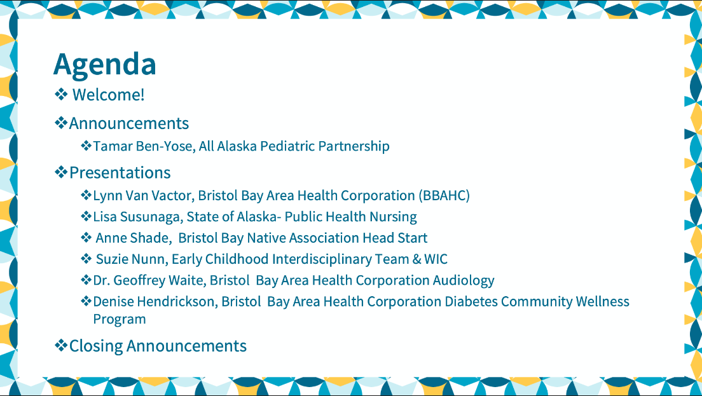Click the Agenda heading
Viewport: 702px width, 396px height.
(x=105, y=65)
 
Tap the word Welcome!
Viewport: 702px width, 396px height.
(x=108, y=95)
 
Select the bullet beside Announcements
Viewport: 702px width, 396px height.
(x=61, y=123)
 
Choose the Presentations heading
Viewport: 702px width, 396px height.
(x=120, y=173)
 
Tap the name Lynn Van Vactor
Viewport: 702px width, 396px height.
(x=143, y=196)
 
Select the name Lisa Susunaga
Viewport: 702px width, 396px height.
(x=137, y=217)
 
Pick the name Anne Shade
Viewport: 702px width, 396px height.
(x=132, y=238)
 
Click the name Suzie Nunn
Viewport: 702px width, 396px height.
(x=132, y=259)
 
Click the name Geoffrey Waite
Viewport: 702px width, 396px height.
(x=160, y=280)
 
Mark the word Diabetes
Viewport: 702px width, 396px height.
(x=471, y=301)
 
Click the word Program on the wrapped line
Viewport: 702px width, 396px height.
(x=120, y=320)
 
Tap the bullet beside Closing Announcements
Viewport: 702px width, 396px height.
(x=61, y=345)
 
